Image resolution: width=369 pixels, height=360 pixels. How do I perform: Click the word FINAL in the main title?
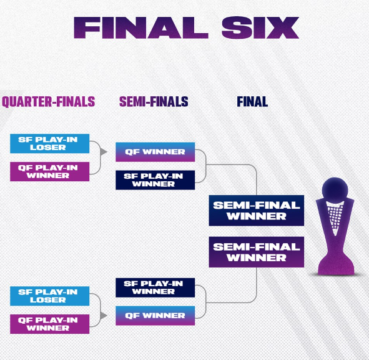pyautogui.click(x=141, y=27)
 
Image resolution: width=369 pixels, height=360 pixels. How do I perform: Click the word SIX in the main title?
pyautogui.click(x=260, y=27)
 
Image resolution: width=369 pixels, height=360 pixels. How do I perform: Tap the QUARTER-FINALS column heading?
pyautogui.click(x=49, y=102)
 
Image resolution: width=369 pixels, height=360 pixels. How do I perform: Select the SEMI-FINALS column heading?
pyautogui.click(x=154, y=102)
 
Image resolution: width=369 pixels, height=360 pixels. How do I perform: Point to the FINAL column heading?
pyautogui.click(x=252, y=102)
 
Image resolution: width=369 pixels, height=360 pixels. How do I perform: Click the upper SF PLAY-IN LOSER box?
pyautogui.click(x=50, y=144)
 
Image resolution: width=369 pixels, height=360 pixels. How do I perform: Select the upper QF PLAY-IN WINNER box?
pyautogui.click(x=50, y=171)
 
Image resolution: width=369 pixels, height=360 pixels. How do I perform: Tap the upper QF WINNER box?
pyautogui.click(x=155, y=152)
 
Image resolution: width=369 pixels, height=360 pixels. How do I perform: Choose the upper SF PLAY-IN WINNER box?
pyautogui.click(x=155, y=180)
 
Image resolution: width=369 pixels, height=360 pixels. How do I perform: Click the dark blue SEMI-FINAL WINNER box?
pyautogui.click(x=257, y=211)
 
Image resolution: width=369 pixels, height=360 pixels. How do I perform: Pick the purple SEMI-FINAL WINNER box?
pyautogui.click(x=257, y=252)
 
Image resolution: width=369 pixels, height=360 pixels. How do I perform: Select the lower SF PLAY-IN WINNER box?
pyautogui.click(x=155, y=287)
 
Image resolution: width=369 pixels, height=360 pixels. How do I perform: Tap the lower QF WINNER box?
pyautogui.click(x=155, y=316)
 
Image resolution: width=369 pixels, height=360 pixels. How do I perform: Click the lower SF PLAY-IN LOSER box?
pyautogui.click(x=50, y=296)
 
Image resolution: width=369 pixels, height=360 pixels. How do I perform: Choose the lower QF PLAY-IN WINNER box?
pyautogui.click(x=50, y=324)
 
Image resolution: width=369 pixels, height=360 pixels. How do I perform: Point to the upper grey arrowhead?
pyautogui.click(x=103, y=152)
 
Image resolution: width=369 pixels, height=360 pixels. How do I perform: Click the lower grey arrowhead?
pyautogui.click(x=103, y=316)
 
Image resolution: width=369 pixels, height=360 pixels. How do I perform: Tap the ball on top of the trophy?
pyautogui.click(x=335, y=189)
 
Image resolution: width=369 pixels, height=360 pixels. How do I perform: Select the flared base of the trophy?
pyautogui.click(x=336, y=265)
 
